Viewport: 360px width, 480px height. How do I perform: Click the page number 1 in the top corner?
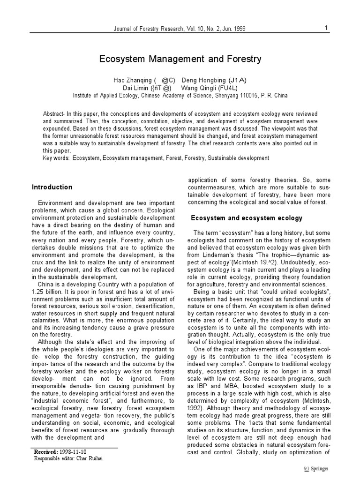click(x=325, y=28)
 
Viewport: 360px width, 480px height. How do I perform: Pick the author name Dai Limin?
click(x=135, y=88)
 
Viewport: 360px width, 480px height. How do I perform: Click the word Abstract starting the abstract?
click(x=53, y=114)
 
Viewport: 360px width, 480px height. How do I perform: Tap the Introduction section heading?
click(x=52, y=187)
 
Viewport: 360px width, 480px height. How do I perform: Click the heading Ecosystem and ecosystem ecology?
click(x=247, y=218)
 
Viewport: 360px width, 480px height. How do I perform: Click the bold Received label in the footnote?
click(x=46, y=451)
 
